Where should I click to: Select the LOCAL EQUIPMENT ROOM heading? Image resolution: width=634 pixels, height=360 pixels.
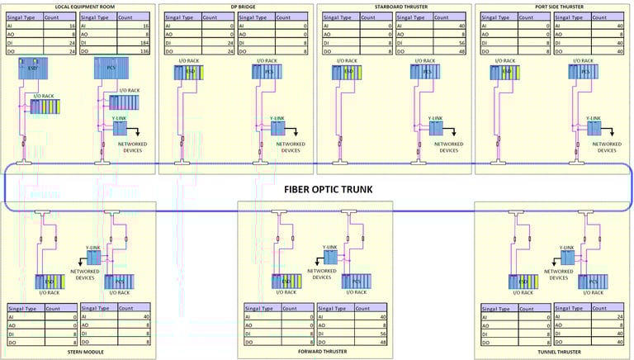pyautogui.click(x=78, y=6)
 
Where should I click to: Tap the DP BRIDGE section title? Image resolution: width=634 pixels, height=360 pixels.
pyautogui.click(x=237, y=6)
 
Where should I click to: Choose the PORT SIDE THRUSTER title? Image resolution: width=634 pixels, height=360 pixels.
pyautogui.click(x=553, y=6)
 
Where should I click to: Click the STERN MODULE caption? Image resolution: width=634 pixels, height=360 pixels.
pyautogui.click(x=78, y=350)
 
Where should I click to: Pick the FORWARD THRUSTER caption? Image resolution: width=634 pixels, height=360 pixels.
pyautogui.click(x=315, y=351)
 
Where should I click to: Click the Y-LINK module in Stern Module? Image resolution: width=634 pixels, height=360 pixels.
pyautogui.click(x=93, y=258)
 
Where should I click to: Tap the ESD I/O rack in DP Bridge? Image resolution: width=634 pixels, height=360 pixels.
pyautogui.click(x=189, y=73)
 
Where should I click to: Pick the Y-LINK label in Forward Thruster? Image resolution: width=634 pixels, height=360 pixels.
pyautogui.click(x=329, y=247)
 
